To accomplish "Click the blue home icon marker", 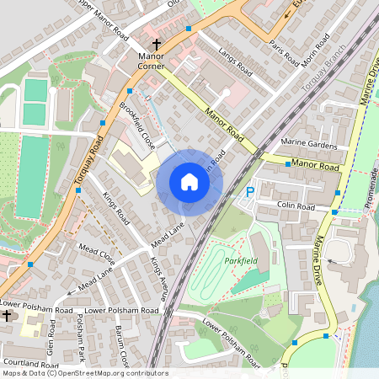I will click(x=189, y=182).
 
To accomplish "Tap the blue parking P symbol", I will click(x=248, y=193).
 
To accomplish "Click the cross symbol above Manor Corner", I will click(x=156, y=43).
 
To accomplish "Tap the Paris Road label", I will click(x=284, y=52).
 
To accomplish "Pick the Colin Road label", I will click(x=295, y=206).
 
